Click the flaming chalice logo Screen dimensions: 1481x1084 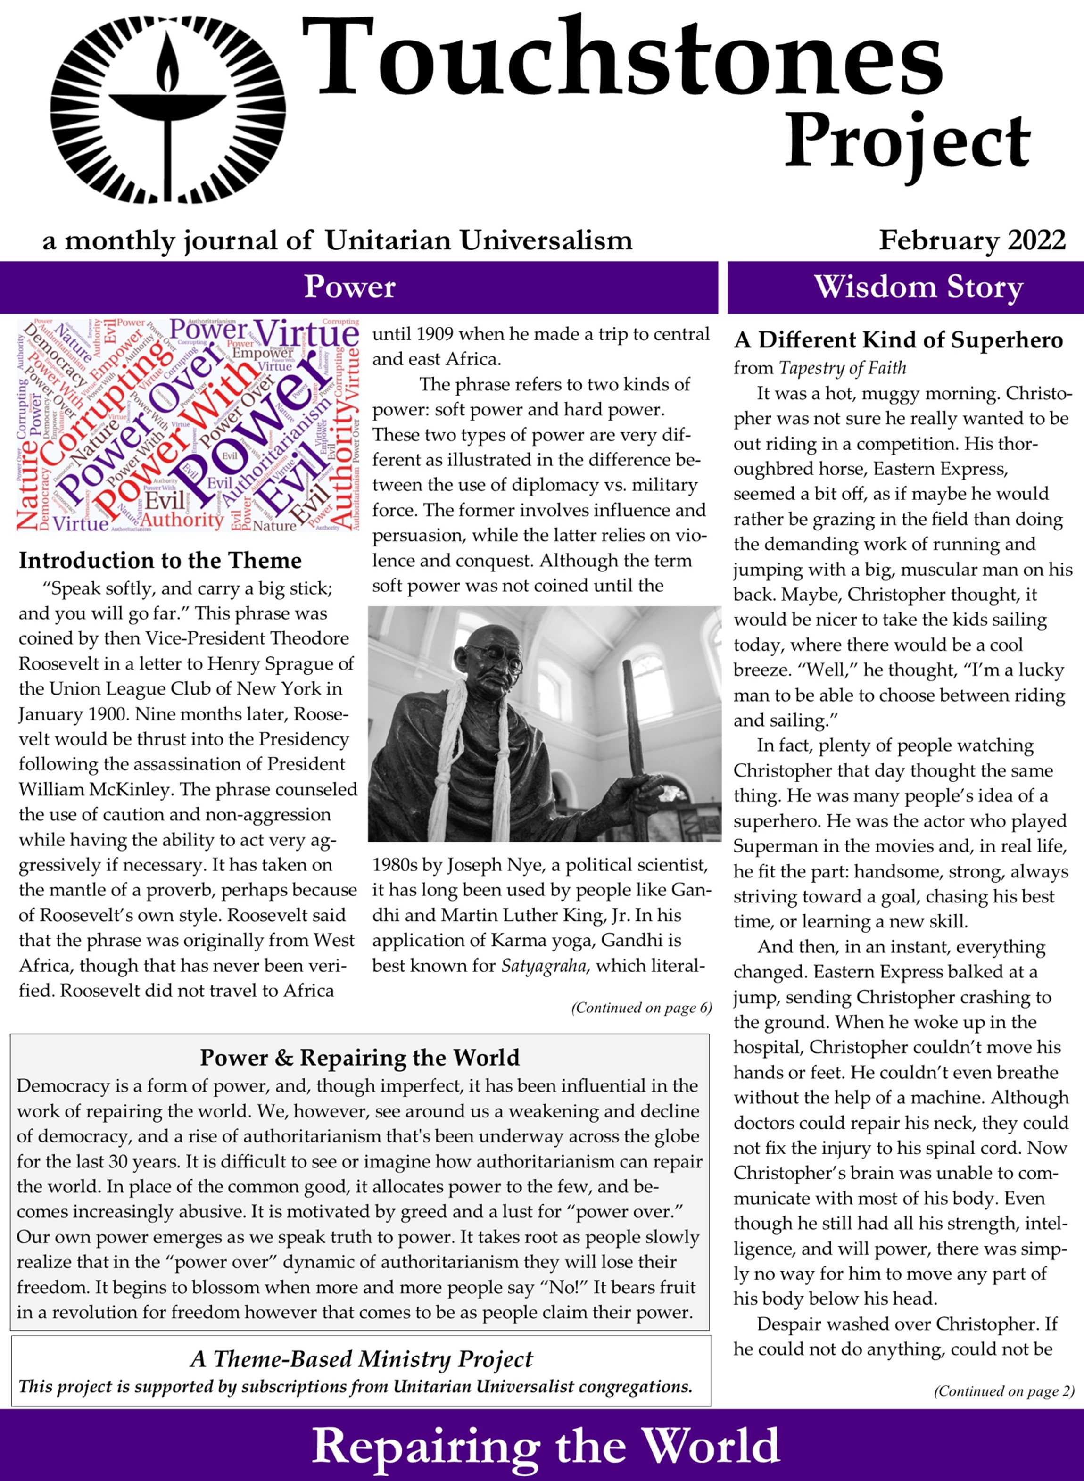coord(168,109)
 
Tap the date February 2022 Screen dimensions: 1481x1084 coord(972,240)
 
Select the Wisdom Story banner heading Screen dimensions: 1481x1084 coord(918,288)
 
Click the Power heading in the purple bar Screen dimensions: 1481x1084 coord(350,288)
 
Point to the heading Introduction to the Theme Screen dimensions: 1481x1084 coord(160,560)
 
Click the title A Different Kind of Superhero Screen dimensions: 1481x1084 coord(898,340)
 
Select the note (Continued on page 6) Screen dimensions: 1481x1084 coord(641,1007)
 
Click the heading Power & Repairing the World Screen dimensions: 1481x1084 coord(360,1057)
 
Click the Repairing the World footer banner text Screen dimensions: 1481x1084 coord(546,1446)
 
